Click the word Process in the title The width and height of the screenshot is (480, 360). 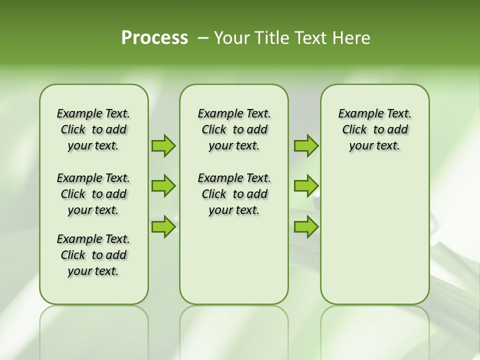(x=154, y=37)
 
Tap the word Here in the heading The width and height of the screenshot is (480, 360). (x=351, y=38)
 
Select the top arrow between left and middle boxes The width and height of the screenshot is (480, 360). (x=163, y=145)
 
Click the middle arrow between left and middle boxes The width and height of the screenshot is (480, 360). (x=163, y=186)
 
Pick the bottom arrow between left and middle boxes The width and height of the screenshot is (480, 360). (x=163, y=226)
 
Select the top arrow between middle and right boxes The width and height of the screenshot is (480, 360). (x=306, y=145)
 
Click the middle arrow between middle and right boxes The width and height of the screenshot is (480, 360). (x=306, y=186)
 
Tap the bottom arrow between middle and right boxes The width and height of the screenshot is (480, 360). (x=306, y=226)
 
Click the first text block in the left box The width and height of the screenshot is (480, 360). (x=93, y=129)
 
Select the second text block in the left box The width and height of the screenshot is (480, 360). (x=93, y=194)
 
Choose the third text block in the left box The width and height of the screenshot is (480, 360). (x=93, y=255)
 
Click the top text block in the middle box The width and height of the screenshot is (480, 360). (x=234, y=129)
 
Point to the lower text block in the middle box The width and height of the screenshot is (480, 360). (x=234, y=194)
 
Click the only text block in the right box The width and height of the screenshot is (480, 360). (x=374, y=129)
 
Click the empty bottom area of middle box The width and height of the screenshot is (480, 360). (x=234, y=265)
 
